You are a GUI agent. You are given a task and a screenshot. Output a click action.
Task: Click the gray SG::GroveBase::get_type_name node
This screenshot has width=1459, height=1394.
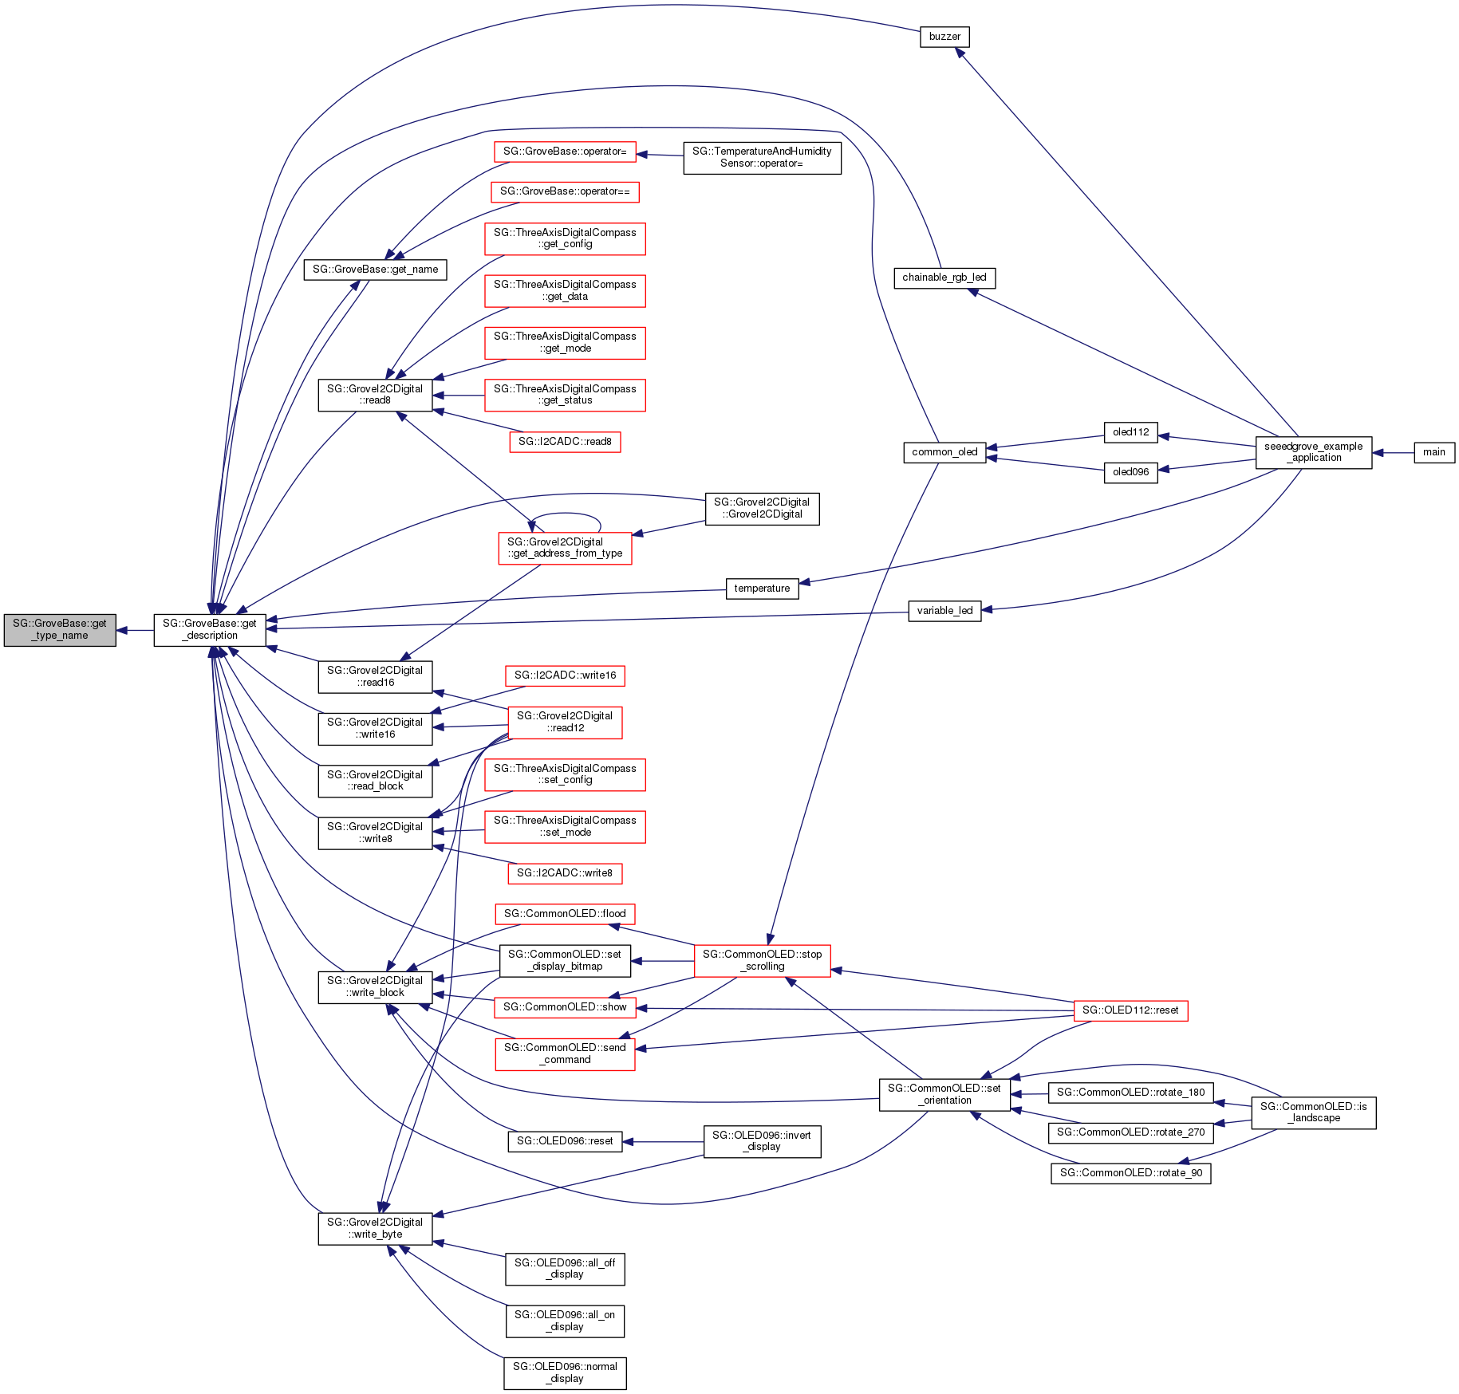coord(60,630)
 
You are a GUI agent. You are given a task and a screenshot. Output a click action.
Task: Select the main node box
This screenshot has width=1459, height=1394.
coord(1433,452)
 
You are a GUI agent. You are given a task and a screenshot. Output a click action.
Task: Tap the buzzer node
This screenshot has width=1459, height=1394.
coord(944,37)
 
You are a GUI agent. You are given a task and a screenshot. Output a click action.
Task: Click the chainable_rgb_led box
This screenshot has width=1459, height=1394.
coord(944,278)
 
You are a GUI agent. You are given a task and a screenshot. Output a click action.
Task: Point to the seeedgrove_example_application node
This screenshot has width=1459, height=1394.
coord(1313,452)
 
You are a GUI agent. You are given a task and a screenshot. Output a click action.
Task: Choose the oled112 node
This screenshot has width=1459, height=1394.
coord(1130,432)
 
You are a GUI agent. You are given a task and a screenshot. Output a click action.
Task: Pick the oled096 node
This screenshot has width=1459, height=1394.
coord(1130,472)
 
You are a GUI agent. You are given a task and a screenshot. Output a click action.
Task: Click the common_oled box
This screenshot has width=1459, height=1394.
coord(944,452)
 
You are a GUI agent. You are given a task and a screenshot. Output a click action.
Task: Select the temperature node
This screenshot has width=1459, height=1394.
coord(762,589)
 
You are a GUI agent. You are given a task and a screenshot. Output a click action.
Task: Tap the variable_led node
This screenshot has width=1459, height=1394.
coord(944,611)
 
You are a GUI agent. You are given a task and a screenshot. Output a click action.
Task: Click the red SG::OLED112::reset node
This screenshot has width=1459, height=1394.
coord(1130,1010)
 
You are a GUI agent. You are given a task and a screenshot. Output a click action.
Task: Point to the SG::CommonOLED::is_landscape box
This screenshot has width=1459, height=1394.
coord(1313,1112)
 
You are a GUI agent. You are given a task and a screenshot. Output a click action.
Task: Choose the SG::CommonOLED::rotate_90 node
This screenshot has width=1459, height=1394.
coord(1130,1173)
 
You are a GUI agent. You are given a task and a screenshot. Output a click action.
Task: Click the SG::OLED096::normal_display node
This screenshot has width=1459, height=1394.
coord(565,1372)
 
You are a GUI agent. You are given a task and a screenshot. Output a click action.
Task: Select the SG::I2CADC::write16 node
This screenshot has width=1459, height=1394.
coord(565,675)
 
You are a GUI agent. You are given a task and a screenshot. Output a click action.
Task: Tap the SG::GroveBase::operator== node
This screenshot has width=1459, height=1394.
coord(565,191)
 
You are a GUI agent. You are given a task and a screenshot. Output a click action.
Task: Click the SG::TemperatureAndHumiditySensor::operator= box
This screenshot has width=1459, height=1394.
coord(762,157)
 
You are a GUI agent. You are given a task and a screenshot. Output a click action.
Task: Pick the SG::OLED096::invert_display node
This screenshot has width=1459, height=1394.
coord(762,1141)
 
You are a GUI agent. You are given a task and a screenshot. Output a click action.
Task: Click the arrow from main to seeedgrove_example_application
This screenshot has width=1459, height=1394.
coord(1393,452)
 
